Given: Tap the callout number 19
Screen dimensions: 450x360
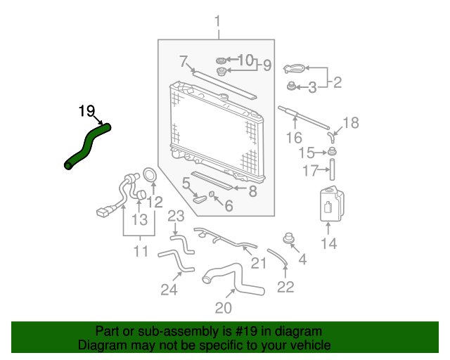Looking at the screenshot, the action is pyautogui.click(x=86, y=111).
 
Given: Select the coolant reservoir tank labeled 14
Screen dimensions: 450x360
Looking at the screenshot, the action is pyautogui.click(x=331, y=204).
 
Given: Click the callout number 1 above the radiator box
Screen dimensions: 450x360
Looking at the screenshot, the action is pyautogui.click(x=217, y=22).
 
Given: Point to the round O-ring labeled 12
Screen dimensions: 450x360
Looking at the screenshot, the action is pyautogui.click(x=150, y=175).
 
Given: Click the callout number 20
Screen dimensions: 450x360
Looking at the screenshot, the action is pyautogui.click(x=224, y=308).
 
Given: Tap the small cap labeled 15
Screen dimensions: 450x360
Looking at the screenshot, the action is pyautogui.click(x=333, y=151).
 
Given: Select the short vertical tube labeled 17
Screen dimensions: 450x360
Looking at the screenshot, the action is pyautogui.click(x=332, y=169).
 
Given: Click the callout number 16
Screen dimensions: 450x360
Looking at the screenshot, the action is pyautogui.click(x=294, y=138).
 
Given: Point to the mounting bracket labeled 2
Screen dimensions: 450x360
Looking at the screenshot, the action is pyautogui.click(x=294, y=69).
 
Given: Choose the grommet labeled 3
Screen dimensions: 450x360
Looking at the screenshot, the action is pyautogui.click(x=291, y=86).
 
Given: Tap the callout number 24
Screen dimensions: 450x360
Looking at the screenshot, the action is pyautogui.click(x=169, y=290).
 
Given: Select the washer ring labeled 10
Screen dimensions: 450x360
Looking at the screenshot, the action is pyautogui.click(x=221, y=60).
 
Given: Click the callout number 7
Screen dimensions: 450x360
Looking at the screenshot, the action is pyautogui.click(x=184, y=61).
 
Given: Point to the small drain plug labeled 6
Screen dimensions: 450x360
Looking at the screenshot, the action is pyautogui.click(x=211, y=194).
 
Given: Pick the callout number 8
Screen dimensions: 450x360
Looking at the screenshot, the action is pyautogui.click(x=252, y=191).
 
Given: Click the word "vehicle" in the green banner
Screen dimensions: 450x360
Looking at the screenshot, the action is pyautogui.click(x=313, y=345).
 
